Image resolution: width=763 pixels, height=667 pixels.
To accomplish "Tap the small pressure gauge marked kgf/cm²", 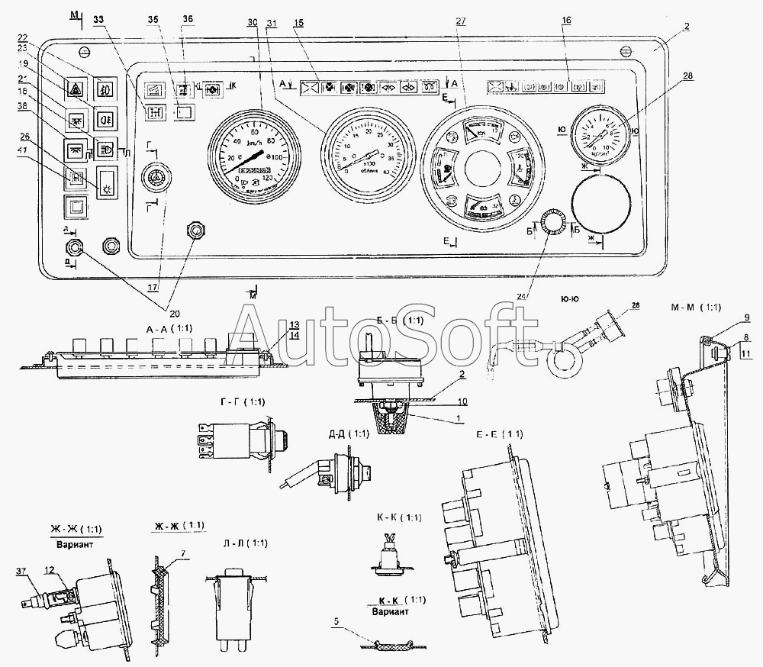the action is (600, 131).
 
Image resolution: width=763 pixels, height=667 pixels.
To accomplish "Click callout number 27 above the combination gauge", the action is (461, 22).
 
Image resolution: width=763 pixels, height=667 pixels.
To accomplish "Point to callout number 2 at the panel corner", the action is (687, 27).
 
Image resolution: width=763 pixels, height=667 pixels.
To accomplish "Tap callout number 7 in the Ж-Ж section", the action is (181, 552).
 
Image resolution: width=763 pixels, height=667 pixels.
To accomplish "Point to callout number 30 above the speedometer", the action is (252, 22).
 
